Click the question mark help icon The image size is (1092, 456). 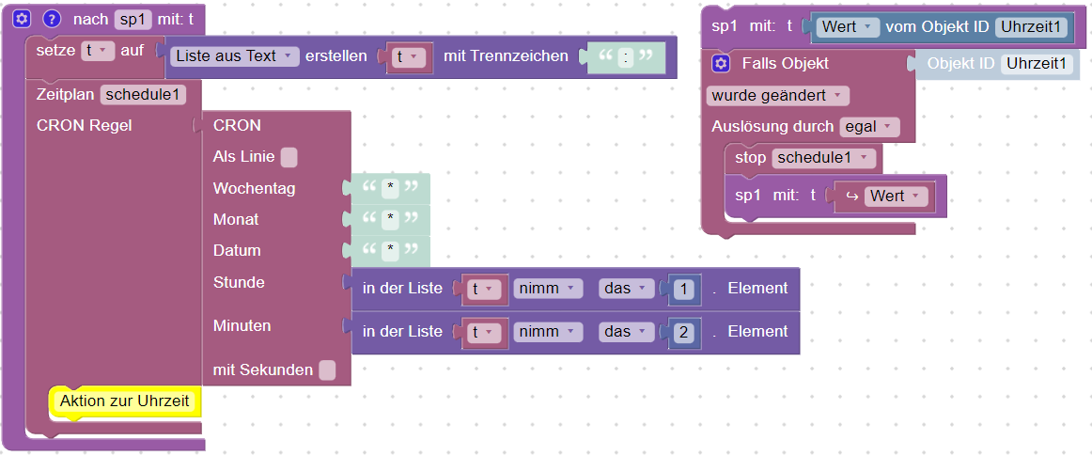click(52, 19)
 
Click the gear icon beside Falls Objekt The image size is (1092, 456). click(721, 64)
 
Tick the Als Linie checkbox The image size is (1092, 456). click(289, 157)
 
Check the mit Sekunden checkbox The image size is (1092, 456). click(327, 370)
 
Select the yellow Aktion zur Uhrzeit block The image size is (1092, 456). click(124, 401)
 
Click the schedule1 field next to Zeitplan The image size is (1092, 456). click(144, 94)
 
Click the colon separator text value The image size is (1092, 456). click(627, 57)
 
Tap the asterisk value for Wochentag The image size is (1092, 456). click(390, 189)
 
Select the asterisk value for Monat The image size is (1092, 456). click(390, 220)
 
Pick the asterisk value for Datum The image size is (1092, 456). click(390, 251)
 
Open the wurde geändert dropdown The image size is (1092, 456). click(776, 96)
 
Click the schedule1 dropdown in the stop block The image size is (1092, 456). click(824, 158)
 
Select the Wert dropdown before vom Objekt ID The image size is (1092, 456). click(847, 27)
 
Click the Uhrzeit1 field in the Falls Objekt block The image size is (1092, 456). click(1037, 64)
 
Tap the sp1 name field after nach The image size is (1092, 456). click(133, 19)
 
